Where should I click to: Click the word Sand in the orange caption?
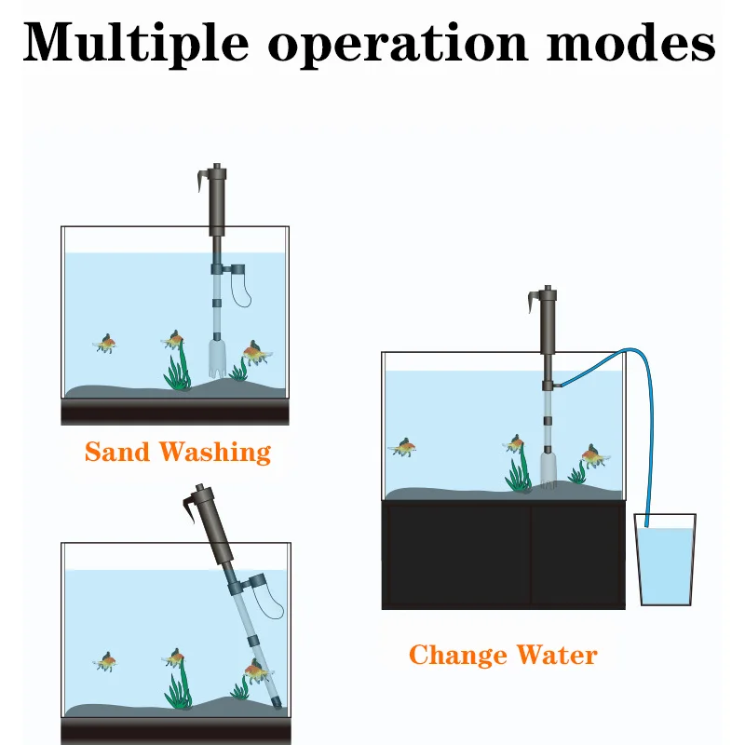(117, 453)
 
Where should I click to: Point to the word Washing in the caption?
(215, 454)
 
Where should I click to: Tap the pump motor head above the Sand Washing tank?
(219, 199)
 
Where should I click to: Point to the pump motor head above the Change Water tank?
(549, 321)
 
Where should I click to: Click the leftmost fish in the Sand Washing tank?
(106, 345)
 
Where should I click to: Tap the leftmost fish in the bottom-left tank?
(106, 662)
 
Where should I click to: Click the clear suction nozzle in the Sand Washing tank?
(217, 358)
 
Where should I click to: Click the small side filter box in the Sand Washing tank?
(237, 272)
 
